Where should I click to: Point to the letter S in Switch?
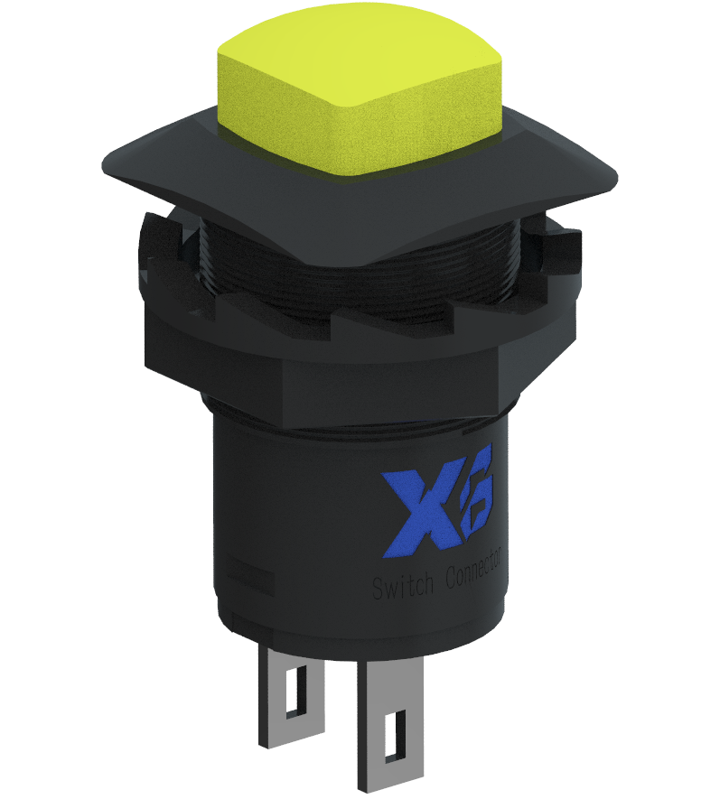(379, 589)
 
